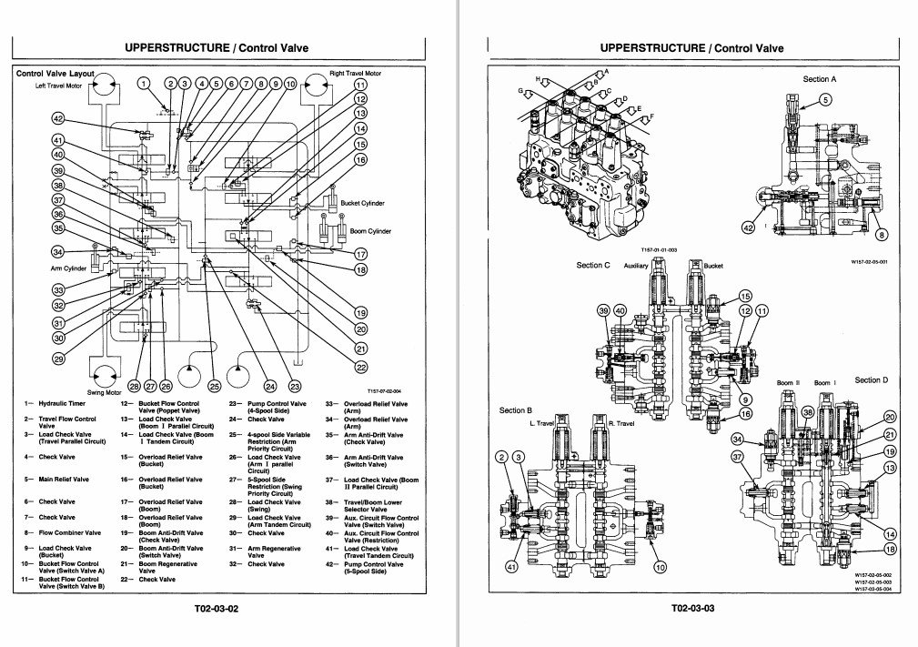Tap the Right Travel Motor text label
click(x=355, y=73)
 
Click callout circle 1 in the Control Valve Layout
click(x=143, y=84)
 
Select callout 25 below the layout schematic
click(x=214, y=386)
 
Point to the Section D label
click(x=871, y=379)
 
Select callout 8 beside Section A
click(x=880, y=235)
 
